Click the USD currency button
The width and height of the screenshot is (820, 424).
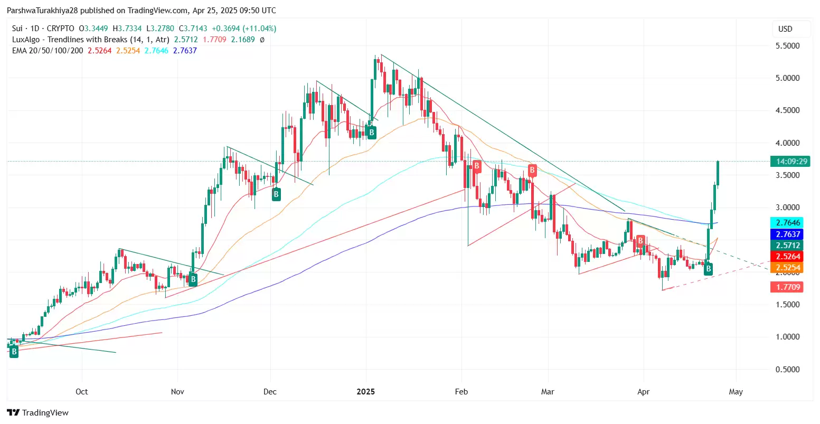785,29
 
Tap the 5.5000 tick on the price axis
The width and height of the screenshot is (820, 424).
787,46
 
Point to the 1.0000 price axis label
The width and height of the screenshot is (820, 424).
787,337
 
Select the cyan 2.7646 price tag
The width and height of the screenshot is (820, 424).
787,223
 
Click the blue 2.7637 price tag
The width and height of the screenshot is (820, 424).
787,234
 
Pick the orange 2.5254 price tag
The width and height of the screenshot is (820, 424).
787,268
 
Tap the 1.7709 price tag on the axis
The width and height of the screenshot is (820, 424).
787,287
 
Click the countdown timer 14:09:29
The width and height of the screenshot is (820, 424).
789,162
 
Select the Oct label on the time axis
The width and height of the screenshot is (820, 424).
82,392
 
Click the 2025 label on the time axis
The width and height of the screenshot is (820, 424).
365,392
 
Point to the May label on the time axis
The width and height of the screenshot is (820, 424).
736,392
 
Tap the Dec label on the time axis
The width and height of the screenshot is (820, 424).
270,392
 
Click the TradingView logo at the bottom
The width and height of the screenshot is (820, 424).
38,413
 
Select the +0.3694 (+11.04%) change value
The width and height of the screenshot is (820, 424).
243,29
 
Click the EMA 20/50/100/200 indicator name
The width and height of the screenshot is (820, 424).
48,51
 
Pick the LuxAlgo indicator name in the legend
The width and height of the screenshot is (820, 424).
70,40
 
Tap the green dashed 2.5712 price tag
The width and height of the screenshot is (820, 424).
787,246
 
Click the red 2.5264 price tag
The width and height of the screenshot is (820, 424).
787,257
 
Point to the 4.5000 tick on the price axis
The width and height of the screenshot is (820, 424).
787,110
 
